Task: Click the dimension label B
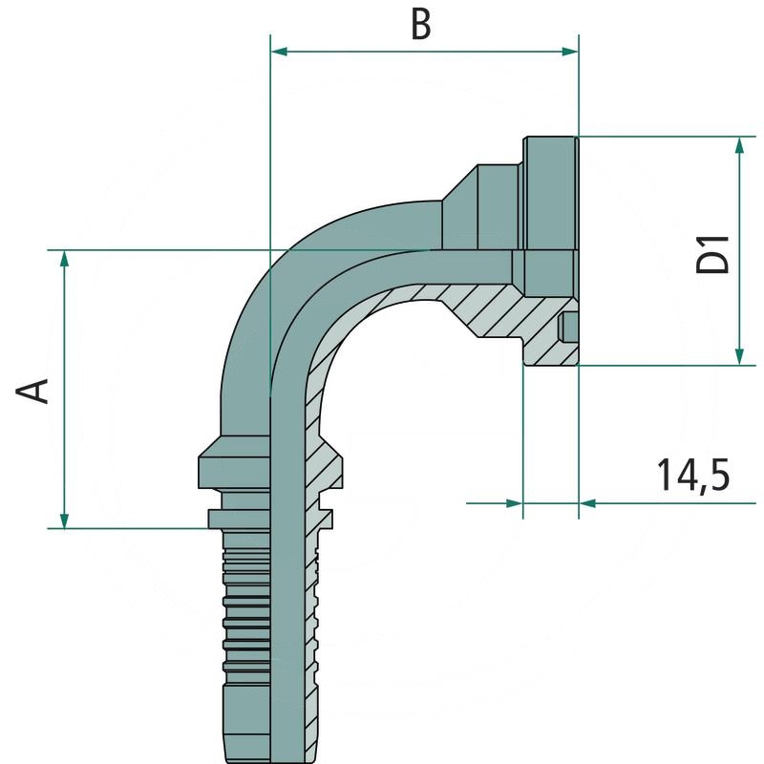421,24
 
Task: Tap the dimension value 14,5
693,474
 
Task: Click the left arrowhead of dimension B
279,51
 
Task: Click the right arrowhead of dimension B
571,51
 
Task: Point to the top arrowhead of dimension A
64,259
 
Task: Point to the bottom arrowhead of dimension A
64,520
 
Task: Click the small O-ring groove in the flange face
569,327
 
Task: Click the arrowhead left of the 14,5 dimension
516,501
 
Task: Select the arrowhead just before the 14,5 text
587,501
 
